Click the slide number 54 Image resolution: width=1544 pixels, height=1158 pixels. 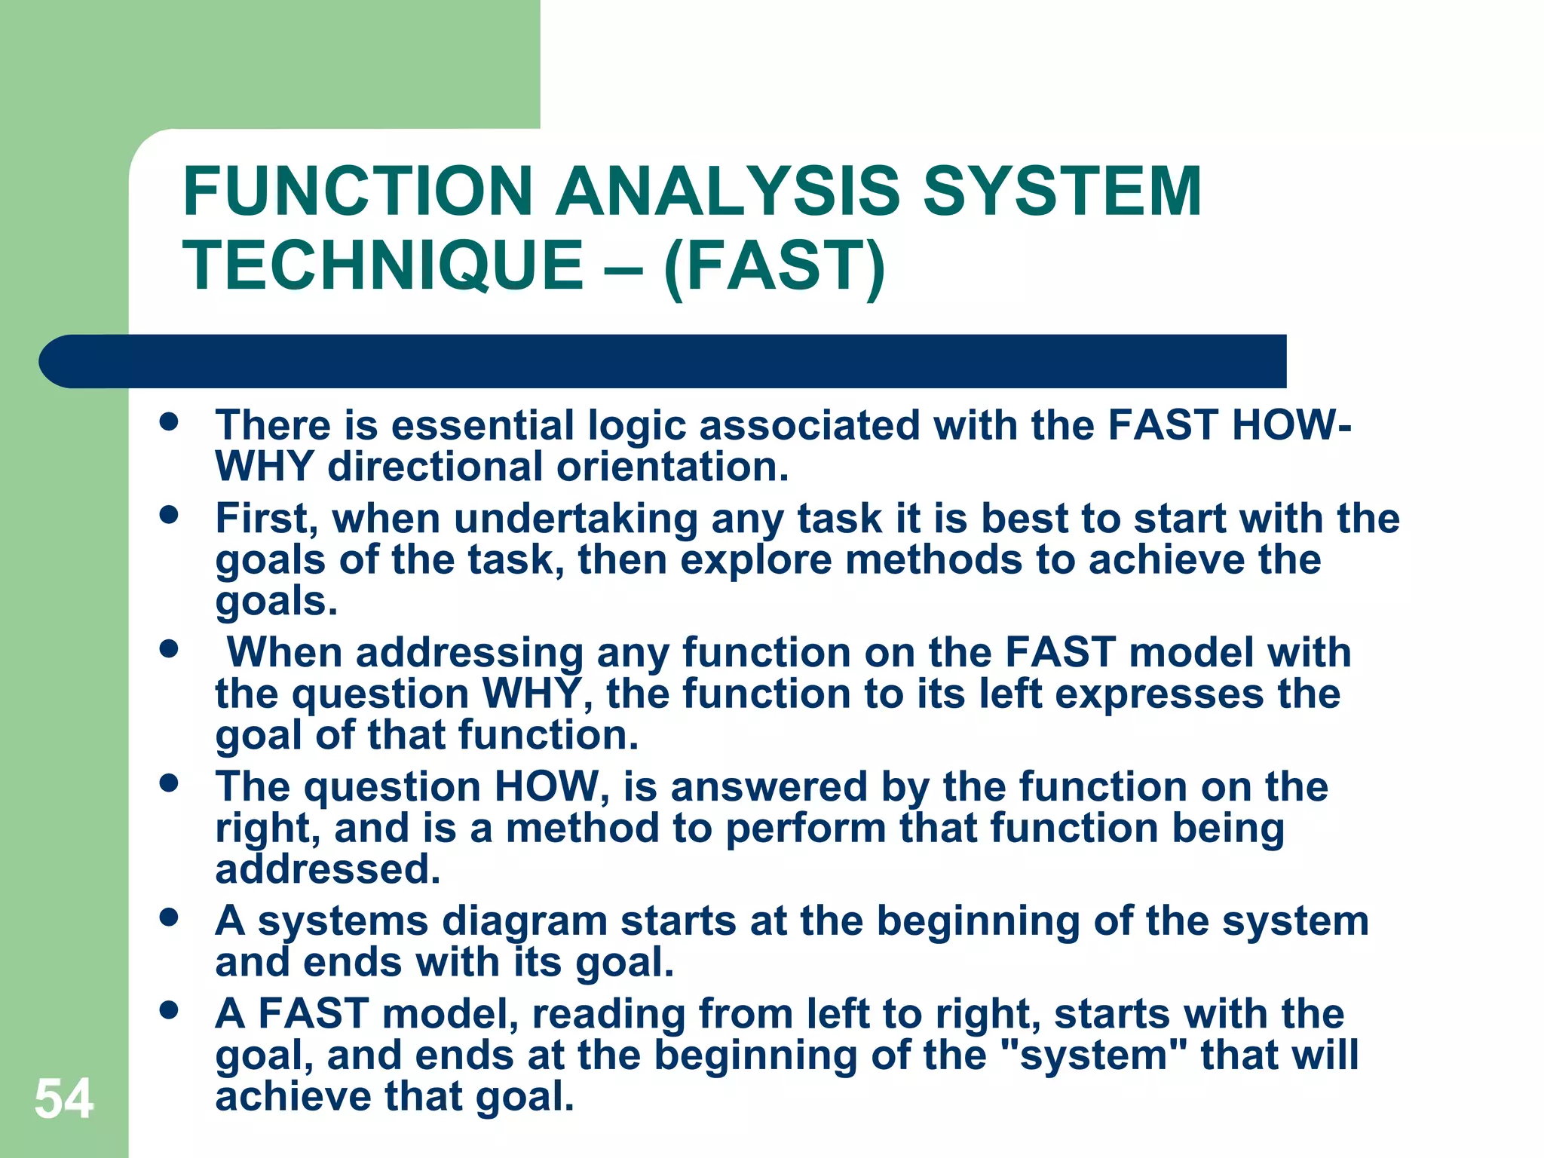(x=64, y=1099)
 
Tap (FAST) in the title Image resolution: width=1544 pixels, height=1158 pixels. (x=774, y=265)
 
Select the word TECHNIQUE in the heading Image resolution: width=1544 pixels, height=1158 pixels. (x=383, y=265)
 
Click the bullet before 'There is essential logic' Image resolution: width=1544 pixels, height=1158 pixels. (x=169, y=422)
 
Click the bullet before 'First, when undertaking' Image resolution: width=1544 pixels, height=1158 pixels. (x=169, y=516)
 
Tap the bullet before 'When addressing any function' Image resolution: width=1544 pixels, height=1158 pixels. (x=169, y=649)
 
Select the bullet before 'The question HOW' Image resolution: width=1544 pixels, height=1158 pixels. (x=169, y=783)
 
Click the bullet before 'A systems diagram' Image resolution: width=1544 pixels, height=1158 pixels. (x=169, y=918)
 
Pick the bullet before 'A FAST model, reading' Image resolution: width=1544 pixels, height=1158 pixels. (x=169, y=1010)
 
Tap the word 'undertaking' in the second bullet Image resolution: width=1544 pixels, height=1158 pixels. (x=575, y=519)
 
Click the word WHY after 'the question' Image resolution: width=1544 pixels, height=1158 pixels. (x=532, y=694)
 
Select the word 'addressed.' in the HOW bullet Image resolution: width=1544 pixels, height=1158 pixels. (x=328, y=869)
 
